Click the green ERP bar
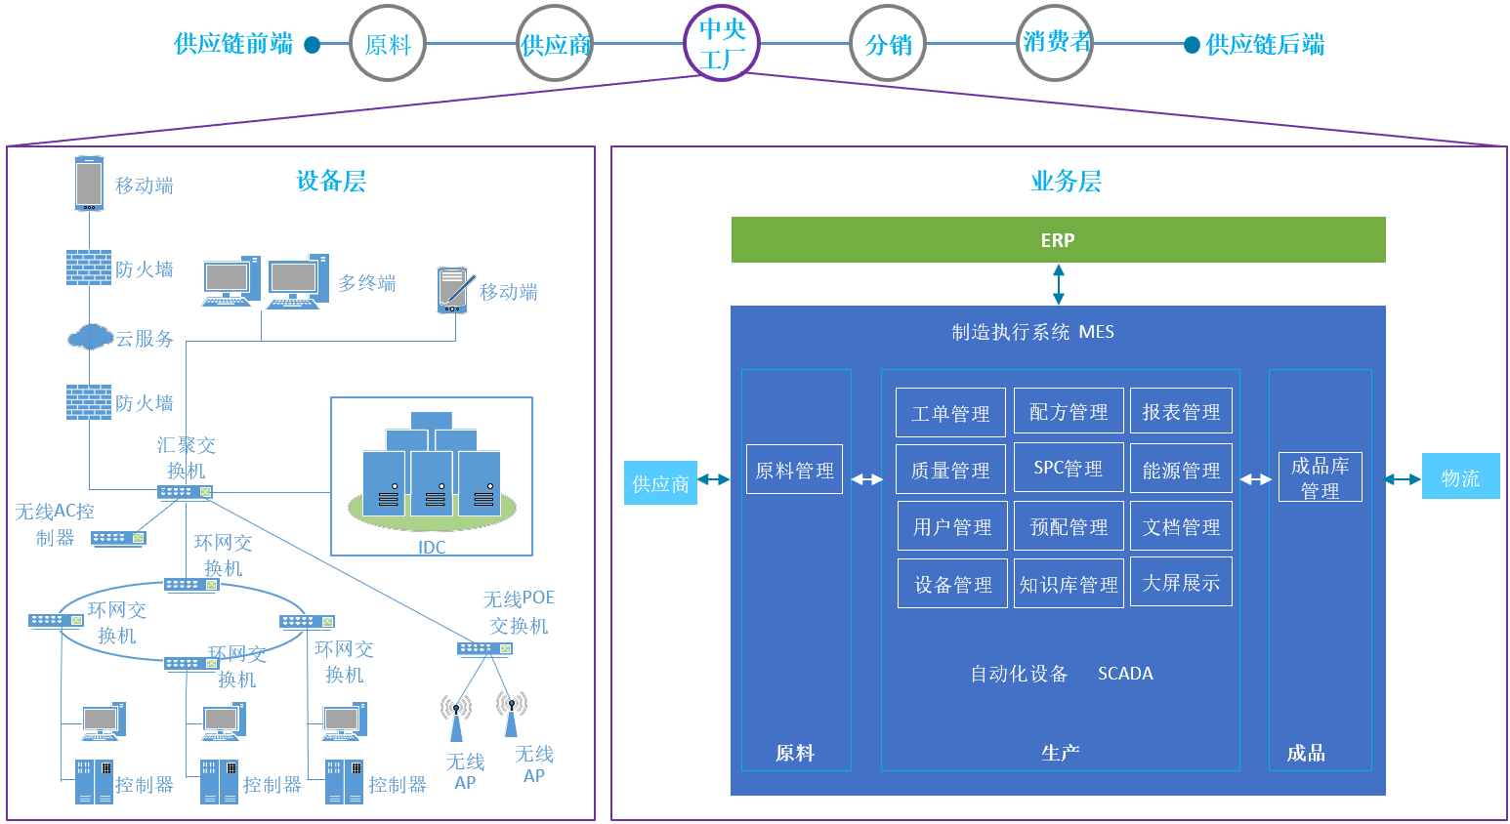[1058, 240]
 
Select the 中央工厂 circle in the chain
[722, 44]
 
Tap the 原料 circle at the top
[388, 44]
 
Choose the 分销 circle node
[888, 44]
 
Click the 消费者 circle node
[1055, 43]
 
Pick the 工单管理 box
[950, 413]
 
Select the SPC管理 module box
[1068, 469]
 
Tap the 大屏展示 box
[1181, 583]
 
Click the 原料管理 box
[794, 470]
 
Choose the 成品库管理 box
[1320, 477]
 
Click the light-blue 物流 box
[1460, 477]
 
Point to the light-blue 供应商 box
[660, 483]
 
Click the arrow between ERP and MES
[1058, 284]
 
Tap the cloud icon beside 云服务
[90, 338]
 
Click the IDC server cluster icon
[431, 469]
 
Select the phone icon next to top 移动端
[90, 184]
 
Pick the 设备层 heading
[331, 181]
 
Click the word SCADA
[1125, 674]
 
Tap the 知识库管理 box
[1069, 584]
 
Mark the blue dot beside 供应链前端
[313, 45]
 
